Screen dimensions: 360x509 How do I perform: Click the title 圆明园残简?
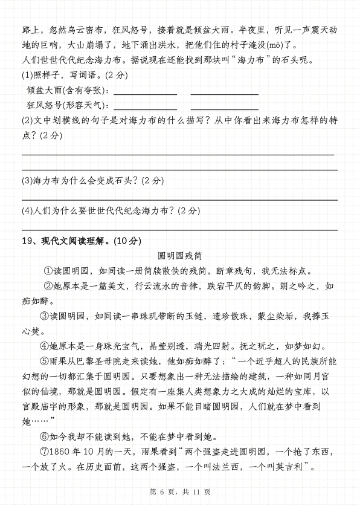(x=180, y=256)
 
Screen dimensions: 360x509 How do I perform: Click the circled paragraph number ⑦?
(x=44, y=452)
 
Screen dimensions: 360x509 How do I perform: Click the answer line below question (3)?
(x=179, y=199)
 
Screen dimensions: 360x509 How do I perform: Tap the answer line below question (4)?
(x=179, y=230)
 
